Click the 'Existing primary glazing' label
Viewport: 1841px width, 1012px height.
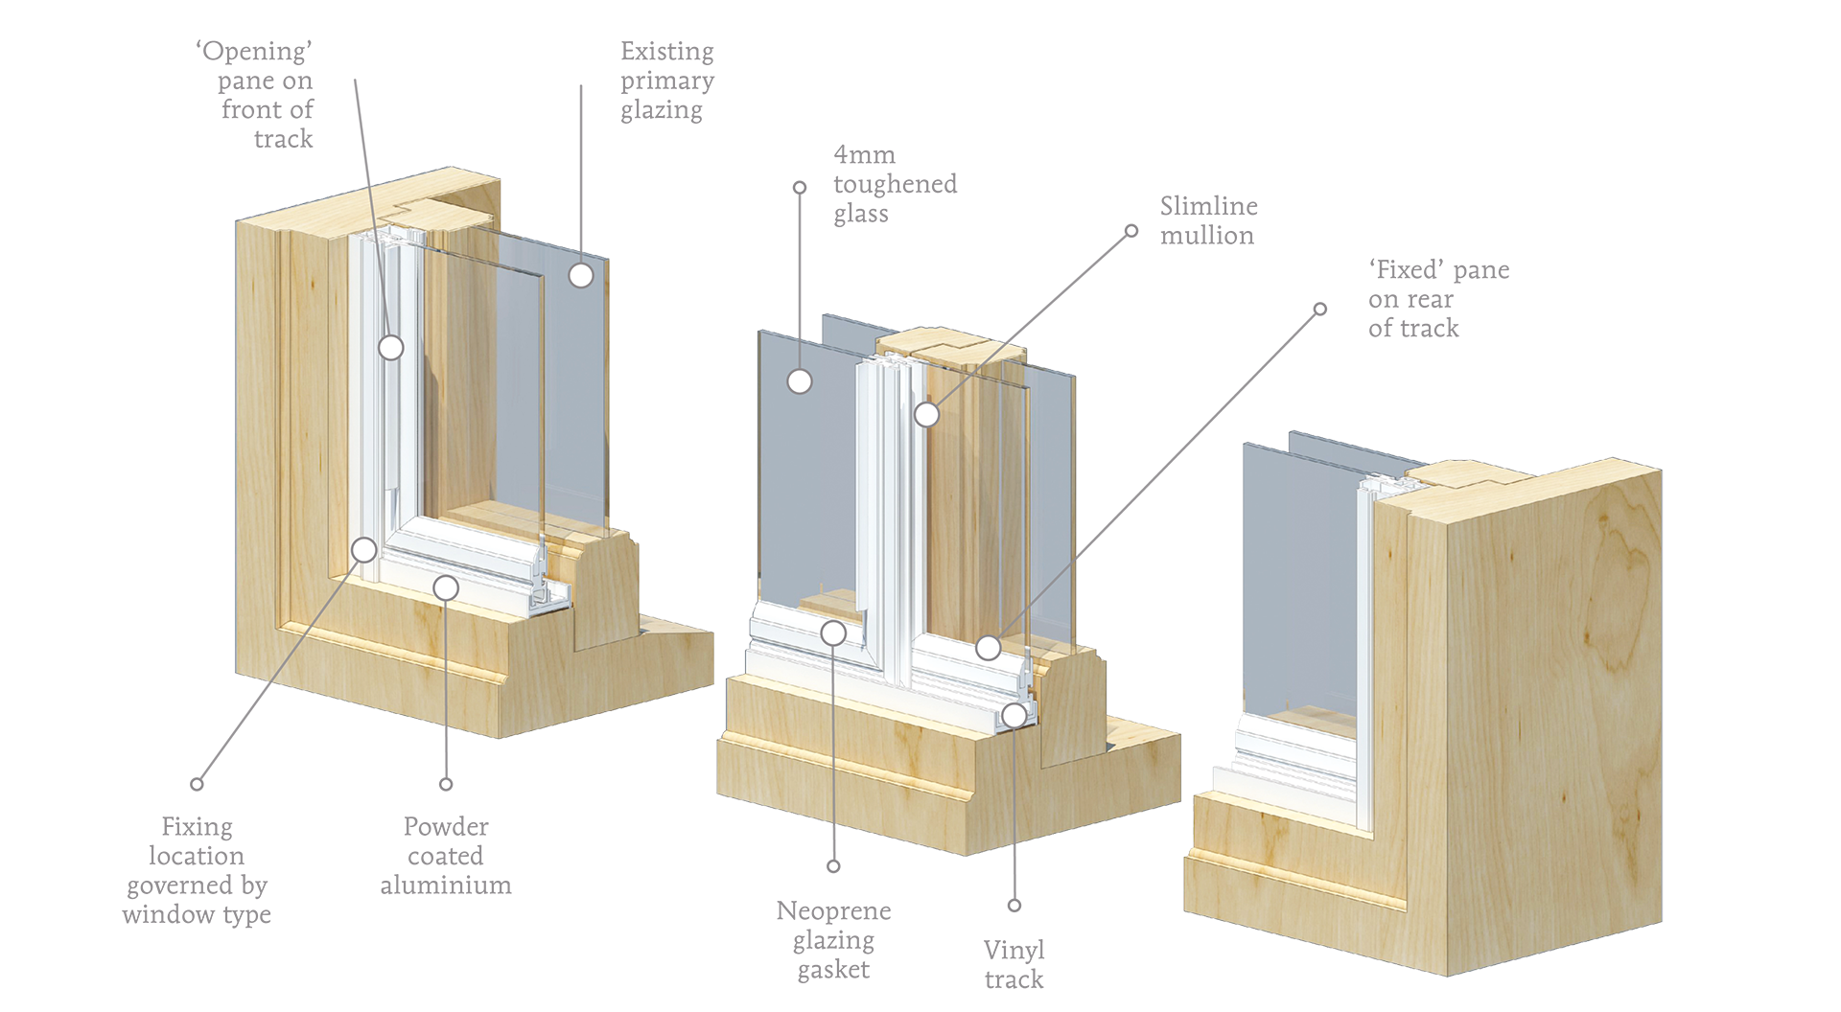pyautogui.click(x=667, y=80)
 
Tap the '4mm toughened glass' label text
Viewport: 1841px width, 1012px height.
pyautogui.click(x=895, y=184)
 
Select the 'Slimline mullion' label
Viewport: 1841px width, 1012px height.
pyautogui.click(x=1208, y=220)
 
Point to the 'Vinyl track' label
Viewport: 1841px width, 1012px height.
pyautogui.click(x=1014, y=965)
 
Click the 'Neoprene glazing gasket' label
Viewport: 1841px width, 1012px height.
pyautogui.click(x=833, y=939)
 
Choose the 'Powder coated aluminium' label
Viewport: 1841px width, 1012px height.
pyautogui.click(x=446, y=856)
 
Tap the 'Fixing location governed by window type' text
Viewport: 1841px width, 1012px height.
pyautogui.click(x=197, y=870)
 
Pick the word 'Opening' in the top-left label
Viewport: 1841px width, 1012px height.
pyautogui.click(x=254, y=51)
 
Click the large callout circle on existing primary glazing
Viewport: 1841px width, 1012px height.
pyautogui.click(x=581, y=275)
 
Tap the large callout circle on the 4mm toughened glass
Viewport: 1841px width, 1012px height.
pyautogui.click(x=800, y=381)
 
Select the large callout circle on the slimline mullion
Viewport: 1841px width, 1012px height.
pyautogui.click(x=926, y=414)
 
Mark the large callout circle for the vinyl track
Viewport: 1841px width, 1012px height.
pyautogui.click(x=1014, y=715)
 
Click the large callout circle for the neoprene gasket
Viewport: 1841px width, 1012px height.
pyautogui.click(x=833, y=632)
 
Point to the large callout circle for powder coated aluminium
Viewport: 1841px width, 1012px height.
pyautogui.click(x=446, y=587)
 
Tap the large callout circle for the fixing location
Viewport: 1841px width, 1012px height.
pyautogui.click(x=364, y=549)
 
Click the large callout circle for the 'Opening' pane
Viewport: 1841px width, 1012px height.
pyautogui.click(x=391, y=347)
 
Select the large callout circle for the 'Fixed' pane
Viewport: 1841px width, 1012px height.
pyautogui.click(x=989, y=648)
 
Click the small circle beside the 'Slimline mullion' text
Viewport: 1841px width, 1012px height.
pyautogui.click(x=1131, y=231)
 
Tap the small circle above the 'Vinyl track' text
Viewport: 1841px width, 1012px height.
pyautogui.click(x=1014, y=906)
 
